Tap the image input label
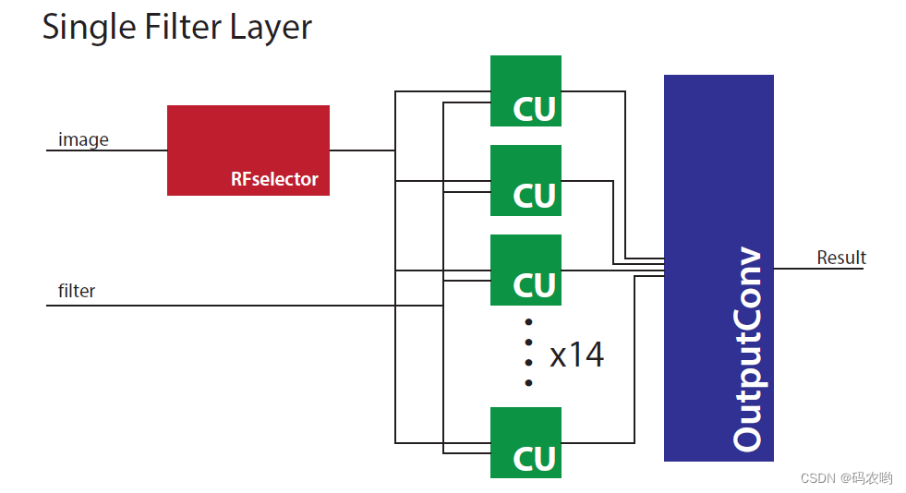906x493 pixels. (x=83, y=139)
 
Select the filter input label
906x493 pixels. (x=77, y=291)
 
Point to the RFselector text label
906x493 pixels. (x=274, y=179)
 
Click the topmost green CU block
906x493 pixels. (x=525, y=90)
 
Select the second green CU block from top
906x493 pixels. (x=525, y=180)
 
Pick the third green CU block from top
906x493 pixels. (x=525, y=269)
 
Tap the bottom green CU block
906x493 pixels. (x=525, y=442)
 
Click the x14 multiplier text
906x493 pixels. (x=576, y=355)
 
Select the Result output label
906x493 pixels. (x=840, y=258)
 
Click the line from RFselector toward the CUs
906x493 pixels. (x=362, y=150)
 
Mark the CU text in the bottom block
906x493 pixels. (x=535, y=458)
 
